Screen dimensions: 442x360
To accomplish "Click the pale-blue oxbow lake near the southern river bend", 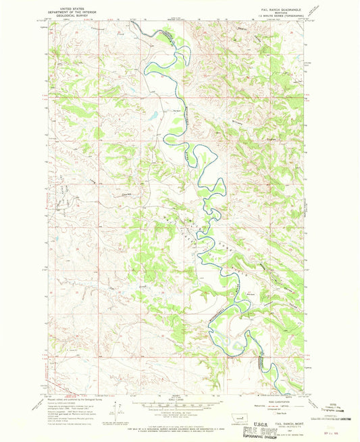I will coord(233,346).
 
